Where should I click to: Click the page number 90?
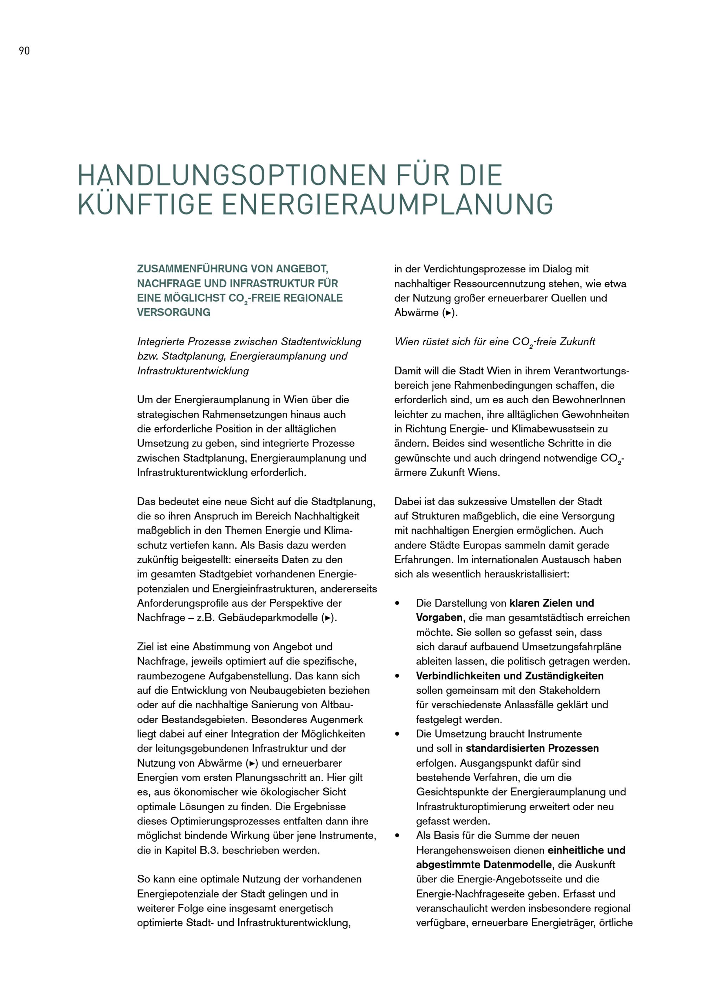point(24,51)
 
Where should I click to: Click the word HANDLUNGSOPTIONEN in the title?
point(232,176)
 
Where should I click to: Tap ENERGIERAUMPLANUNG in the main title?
point(387,204)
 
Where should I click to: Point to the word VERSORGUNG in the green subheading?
point(174,312)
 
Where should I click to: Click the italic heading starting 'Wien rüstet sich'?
point(494,342)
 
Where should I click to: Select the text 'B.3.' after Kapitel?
point(209,850)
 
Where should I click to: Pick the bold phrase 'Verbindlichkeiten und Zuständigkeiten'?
point(510,676)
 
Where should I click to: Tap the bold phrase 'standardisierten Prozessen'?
point(532,748)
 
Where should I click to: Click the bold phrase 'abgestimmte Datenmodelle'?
point(484,864)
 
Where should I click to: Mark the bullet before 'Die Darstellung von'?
point(397,604)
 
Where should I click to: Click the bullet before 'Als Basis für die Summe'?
point(397,836)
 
